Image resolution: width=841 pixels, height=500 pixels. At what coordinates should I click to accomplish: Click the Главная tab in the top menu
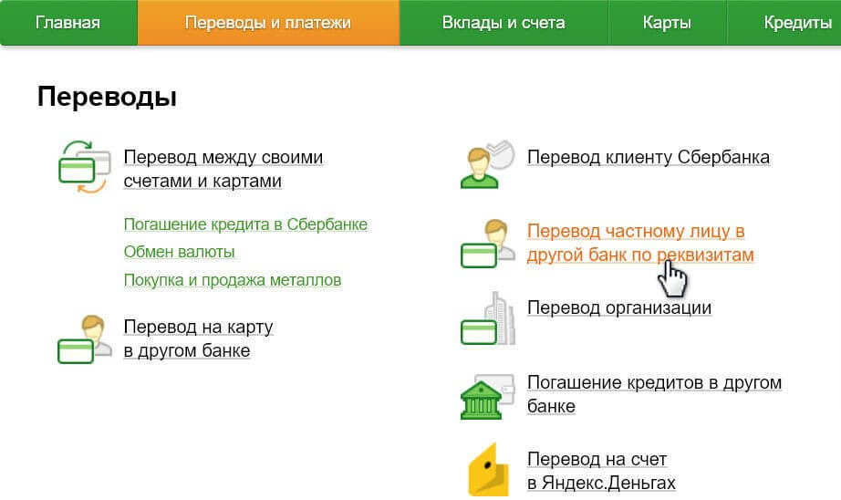(x=67, y=23)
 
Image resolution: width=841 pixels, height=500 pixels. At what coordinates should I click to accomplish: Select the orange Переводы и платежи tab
(x=267, y=23)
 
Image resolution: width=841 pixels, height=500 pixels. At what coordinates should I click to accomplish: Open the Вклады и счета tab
(x=504, y=23)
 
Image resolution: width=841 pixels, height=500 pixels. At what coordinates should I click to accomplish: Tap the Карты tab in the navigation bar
(x=667, y=23)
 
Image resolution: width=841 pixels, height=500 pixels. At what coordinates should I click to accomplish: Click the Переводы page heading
(x=107, y=97)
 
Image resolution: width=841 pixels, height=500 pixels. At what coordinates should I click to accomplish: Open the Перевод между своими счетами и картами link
(x=223, y=169)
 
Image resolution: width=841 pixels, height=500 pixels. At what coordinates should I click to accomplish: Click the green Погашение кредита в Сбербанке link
(x=245, y=224)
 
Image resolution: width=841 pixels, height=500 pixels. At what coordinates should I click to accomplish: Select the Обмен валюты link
(x=179, y=252)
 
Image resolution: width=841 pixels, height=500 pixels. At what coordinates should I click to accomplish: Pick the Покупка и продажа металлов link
(x=233, y=280)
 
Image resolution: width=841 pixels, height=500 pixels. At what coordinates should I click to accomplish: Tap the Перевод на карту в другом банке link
(x=198, y=339)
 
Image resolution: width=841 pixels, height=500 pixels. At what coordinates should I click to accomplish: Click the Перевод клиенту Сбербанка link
(x=648, y=157)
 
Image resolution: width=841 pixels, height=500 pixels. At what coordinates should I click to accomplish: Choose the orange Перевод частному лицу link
(x=640, y=243)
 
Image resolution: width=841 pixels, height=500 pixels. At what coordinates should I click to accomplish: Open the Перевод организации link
(x=619, y=308)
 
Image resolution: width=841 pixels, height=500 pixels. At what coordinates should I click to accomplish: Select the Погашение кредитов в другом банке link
(x=654, y=394)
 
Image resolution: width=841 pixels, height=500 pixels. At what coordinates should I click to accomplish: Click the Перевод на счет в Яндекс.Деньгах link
(x=601, y=471)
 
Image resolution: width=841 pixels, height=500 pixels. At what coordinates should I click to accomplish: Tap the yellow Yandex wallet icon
(x=488, y=469)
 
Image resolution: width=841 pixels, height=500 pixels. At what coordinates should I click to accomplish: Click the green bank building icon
(x=481, y=400)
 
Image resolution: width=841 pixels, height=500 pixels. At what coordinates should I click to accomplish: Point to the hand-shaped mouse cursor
(x=671, y=278)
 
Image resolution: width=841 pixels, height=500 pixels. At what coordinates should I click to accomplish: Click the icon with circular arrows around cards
(x=84, y=167)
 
